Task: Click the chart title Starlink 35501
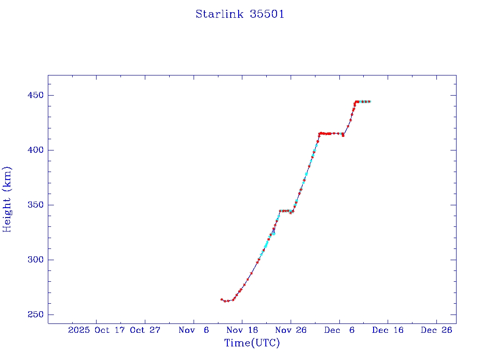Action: (x=240, y=14)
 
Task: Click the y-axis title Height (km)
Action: (x=7, y=199)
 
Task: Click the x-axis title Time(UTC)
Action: (x=252, y=343)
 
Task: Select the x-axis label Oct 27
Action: (x=145, y=330)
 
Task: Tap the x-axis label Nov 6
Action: (x=194, y=330)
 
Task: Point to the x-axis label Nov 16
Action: (x=242, y=330)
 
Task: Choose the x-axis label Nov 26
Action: (x=291, y=330)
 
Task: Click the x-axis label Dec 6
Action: (x=339, y=330)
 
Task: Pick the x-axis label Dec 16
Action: (x=388, y=330)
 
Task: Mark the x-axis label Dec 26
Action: (x=436, y=330)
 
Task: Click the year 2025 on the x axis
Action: (x=79, y=330)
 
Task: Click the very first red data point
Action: (x=222, y=299)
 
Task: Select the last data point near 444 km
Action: (x=369, y=101)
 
